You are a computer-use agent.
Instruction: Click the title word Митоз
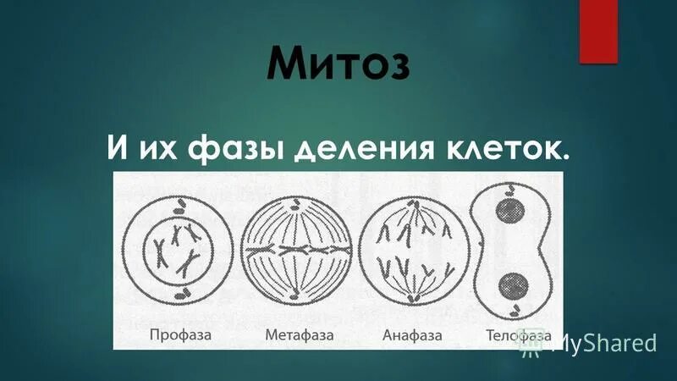click(338, 65)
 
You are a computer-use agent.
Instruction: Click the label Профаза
click(180, 335)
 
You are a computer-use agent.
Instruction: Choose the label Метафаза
click(299, 335)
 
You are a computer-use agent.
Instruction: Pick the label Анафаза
click(412, 335)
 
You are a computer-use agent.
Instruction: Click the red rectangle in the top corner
click(597, 30)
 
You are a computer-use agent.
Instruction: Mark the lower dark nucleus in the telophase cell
click(511, 284)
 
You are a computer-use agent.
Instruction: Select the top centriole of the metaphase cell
click(296, 202)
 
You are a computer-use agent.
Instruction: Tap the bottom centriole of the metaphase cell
click(296, 296)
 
